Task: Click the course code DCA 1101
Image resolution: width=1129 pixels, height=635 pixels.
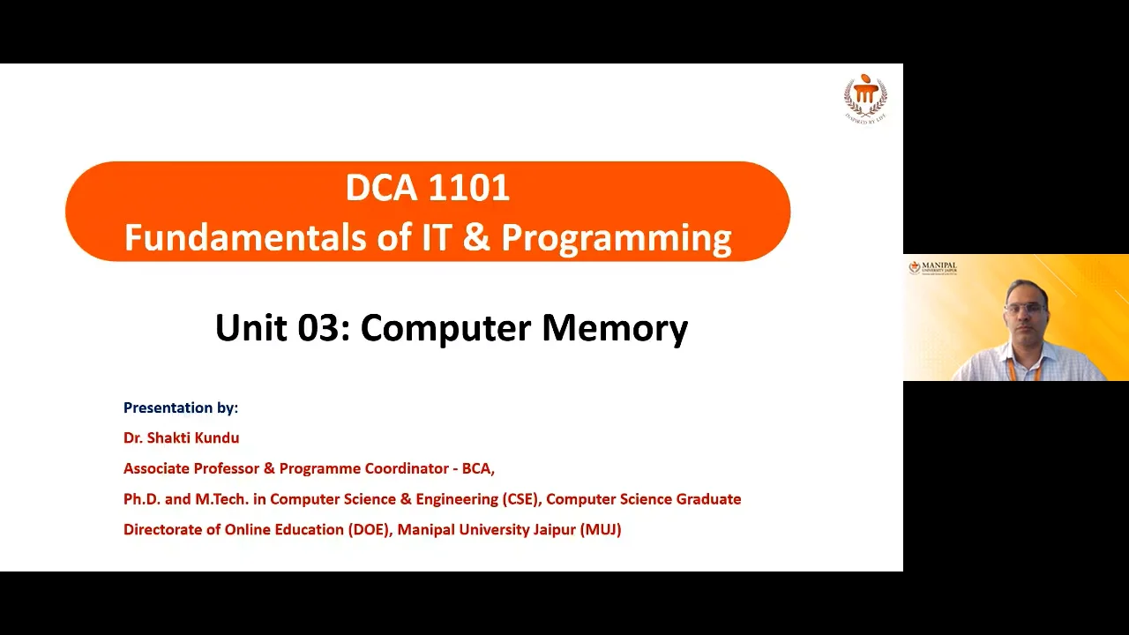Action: click(x=428, y=188)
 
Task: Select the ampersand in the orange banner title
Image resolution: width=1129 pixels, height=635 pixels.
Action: click(x=476, y=238)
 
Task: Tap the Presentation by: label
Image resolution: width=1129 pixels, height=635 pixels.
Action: click(x=181, y=407)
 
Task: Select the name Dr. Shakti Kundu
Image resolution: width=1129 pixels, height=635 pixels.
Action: click(x=181, y=437)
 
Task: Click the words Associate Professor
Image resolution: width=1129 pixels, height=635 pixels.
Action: click(x=191, y=468)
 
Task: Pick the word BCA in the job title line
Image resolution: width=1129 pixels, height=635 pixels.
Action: click(x=476, y=468)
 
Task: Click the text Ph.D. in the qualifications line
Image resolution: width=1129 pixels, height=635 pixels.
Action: click(x=142, y=499)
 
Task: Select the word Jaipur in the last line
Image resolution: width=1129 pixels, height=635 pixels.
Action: click(x=555, y=529)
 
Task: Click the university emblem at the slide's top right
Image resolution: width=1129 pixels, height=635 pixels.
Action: click(x=865, y=97)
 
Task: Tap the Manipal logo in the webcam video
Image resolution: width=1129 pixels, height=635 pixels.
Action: click(x=932, y=267)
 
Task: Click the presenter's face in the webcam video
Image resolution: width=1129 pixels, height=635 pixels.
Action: click(x=1025, y=310)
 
